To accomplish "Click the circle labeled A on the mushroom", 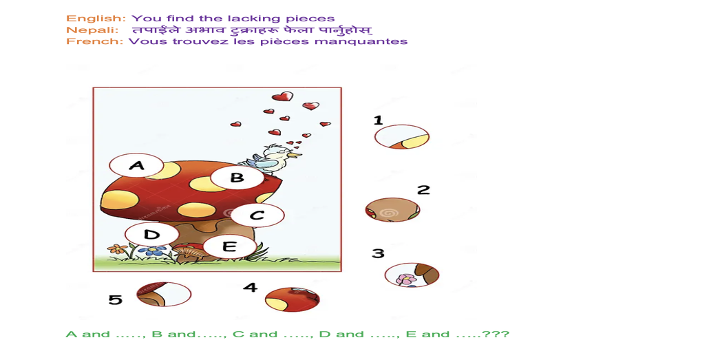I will click(x=136, y=166).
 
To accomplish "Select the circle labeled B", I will click(x=237, y=178).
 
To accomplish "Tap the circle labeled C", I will click(x=257, y=215).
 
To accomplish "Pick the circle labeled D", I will click(x=151, y=235).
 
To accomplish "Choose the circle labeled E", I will click(x=229, y=246).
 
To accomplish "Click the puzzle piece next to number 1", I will click(x=402, y=137).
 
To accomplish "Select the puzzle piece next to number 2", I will click(x=392, y=210).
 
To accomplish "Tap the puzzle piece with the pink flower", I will click(x=412, y=275).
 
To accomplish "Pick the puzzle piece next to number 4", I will click(x=293, y=299).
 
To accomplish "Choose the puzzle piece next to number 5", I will click(x=164, y=295).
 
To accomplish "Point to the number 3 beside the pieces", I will click(x=378, y=253).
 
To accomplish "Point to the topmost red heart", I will click(x=282, y=96).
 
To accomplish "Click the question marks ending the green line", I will click(x=496, y=335).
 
